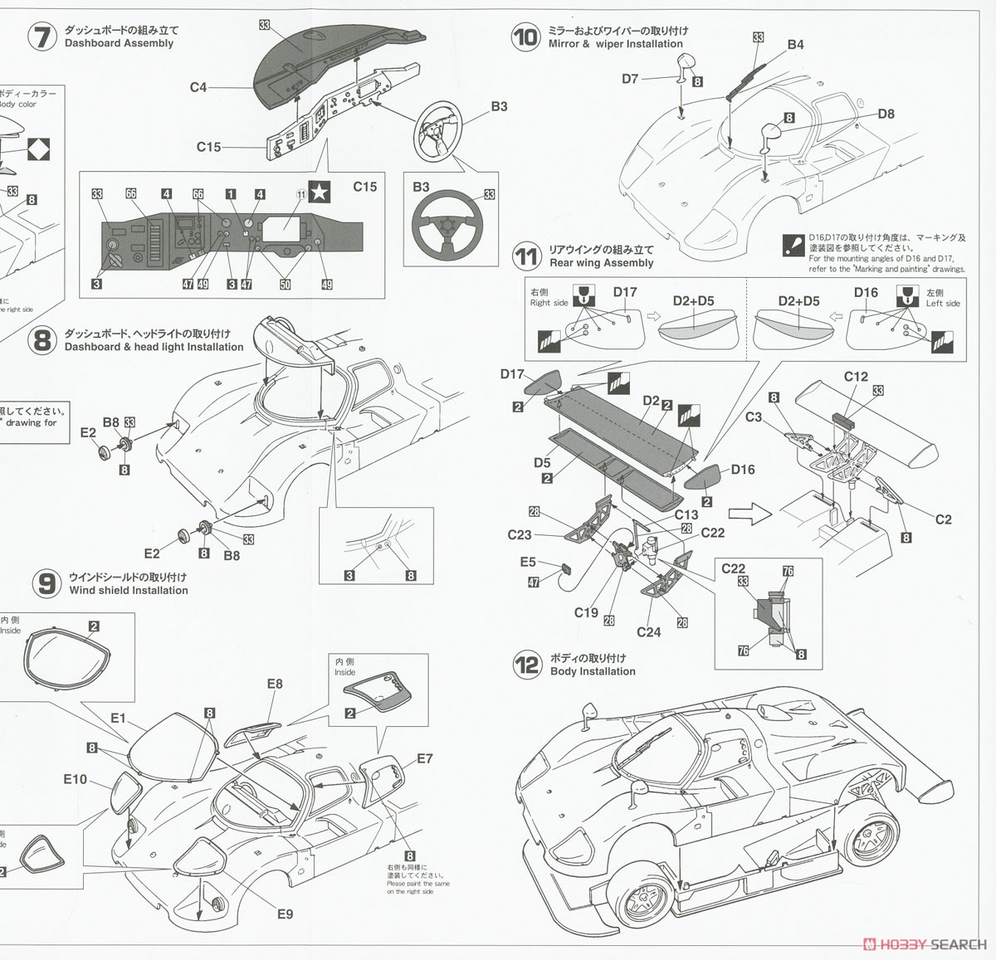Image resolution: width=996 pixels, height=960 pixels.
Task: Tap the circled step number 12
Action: (x=526, y=665)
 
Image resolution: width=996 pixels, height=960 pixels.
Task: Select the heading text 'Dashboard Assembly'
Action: (x=119, y=43)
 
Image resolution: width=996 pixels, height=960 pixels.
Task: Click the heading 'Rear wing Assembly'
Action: (x=601, y=263)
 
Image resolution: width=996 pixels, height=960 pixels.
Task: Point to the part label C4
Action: (x=198, y=87)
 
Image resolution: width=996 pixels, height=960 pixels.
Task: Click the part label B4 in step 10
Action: (x=795, y=44)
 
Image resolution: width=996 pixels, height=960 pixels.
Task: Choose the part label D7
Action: (x=630, y=79)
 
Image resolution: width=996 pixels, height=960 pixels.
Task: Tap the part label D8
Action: (x=886, y=114)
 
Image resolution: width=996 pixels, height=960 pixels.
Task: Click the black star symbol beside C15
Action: (x=319, y=192)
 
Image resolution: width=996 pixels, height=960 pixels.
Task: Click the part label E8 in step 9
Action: (x=275, y=684)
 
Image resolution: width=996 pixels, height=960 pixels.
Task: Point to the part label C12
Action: (x=856, y=377)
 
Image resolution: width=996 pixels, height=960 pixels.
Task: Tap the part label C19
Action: (x=586, y=612)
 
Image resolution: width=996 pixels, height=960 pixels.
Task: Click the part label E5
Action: (x=528, y=562)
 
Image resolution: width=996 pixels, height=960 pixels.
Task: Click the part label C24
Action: (x=648, y=632)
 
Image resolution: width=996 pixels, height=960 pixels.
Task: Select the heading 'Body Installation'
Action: (x=593, y=671)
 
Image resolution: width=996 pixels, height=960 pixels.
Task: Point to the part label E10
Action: (x=75, y=779)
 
